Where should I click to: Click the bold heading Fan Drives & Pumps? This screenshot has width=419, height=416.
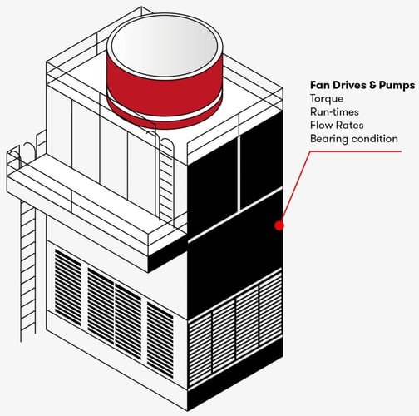[362, 85]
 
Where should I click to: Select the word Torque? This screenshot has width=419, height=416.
[327, 99]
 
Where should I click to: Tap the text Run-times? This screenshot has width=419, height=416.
[334, 111]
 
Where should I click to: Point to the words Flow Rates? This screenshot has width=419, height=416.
[337, 125]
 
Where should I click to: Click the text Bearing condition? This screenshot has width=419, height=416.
[354, 139]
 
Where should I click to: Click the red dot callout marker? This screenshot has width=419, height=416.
[279, 225]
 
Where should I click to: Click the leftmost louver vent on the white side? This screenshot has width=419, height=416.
[68, 287]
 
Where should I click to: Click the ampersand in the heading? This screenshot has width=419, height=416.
[372, 85]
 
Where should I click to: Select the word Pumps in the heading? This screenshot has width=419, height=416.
[397, 86]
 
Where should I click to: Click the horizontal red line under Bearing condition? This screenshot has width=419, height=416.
[356, 151]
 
